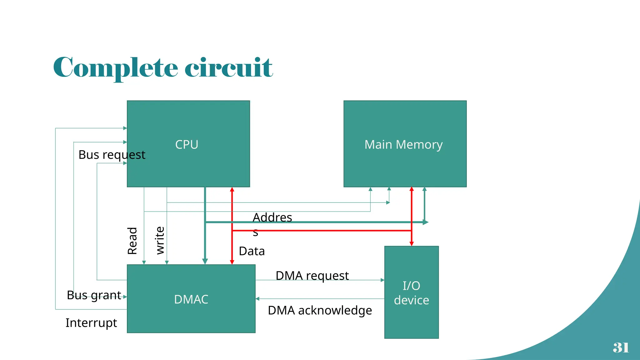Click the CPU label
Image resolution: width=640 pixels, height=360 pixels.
pos(187,144)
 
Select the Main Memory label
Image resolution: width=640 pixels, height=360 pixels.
pos(403,144)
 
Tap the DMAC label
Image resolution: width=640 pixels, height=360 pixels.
pos(191,299)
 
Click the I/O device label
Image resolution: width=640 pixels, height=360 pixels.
pos(411,293)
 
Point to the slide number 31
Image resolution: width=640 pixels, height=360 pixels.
pos(621,347)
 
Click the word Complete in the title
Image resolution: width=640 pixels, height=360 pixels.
pos(116,67)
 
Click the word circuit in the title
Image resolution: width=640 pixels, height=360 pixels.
pos(229,67)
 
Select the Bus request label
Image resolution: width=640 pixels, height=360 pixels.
pos(112,155)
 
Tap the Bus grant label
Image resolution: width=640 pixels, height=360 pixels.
pos(94,295)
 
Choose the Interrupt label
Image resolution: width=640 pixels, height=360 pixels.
pos(91,322)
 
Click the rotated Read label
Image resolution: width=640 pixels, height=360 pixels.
pos(132,241)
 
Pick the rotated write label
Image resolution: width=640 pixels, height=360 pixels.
pos(160,240)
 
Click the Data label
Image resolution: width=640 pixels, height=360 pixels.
pos(252,251)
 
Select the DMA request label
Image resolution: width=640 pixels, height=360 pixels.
pos(312,276)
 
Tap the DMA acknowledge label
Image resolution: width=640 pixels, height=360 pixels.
pos(320,310)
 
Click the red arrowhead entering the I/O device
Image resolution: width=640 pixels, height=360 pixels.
pos(412,243)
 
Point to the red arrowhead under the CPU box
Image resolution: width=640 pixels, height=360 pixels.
pos(232,190)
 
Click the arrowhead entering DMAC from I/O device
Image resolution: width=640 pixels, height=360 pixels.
pos(257,299)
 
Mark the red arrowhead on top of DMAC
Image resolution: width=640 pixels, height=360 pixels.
pos(232,262)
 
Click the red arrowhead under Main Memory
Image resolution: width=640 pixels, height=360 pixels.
pos(412,189)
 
